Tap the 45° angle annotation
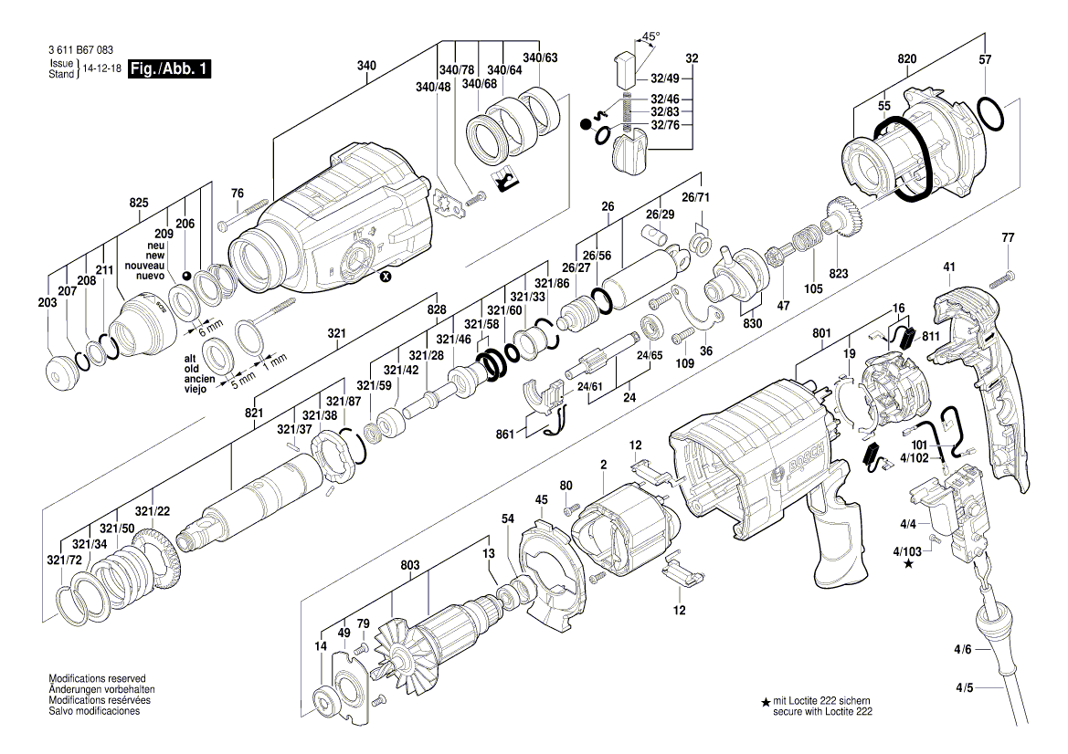(650, 37)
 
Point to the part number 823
(839, 274)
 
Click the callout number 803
(410, 566)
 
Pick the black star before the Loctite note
(766, 701)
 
